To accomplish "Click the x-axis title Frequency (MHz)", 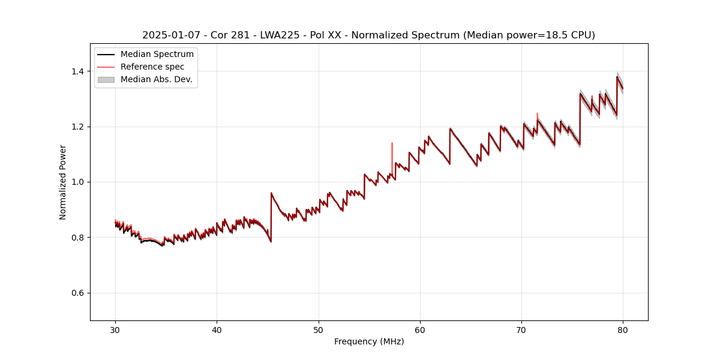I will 369,341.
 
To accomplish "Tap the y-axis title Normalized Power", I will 63,182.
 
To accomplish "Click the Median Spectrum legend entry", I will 157,55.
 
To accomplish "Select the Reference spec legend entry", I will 152,67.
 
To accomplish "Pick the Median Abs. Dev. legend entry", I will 156,79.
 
